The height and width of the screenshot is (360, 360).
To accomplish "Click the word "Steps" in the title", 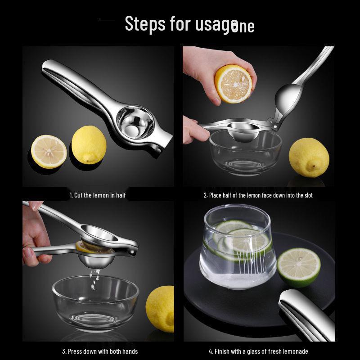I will pyautogui.click(x=145, y=23).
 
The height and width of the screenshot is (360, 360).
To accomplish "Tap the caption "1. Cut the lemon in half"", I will pyautogui.click(x=98, y=195).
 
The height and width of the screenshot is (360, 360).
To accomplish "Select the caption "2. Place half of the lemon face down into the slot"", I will pyautogui.click(x=258, y=195).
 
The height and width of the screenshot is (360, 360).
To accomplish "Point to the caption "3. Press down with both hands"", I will pyautogui.click(x=99, y=351).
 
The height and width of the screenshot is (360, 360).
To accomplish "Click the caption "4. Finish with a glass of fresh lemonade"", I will pyautogui.click(x=258, y=351).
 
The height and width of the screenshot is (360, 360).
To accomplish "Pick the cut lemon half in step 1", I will pyautogui.click(x=49, y=152).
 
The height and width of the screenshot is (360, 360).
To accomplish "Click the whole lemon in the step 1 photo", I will pyautogui.click(x=89, y=144).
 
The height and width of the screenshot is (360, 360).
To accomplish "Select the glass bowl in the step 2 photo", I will pyautogui.click(x=245, y=153).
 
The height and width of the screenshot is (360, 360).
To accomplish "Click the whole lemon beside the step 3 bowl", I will pyautogui.click(x=161, y=309).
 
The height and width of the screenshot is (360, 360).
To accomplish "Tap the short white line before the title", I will pyautogui.click(x=107, y=21).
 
